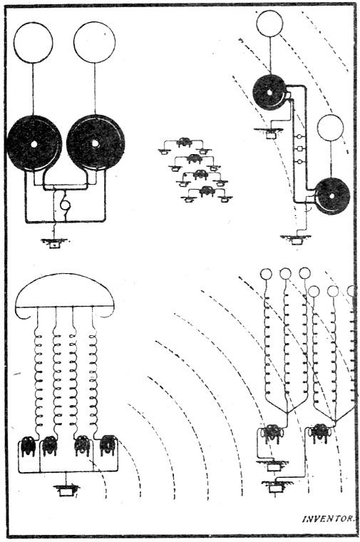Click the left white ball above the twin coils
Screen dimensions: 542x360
coord(33,42)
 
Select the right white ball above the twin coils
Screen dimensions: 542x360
coord(94,41)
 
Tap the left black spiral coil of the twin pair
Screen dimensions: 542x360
coord(34,143)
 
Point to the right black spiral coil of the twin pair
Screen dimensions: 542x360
coord(96,143)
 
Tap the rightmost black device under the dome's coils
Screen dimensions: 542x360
coord(108,446)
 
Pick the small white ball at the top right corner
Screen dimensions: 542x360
coord(269,23)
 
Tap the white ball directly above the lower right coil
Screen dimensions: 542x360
coord(330,128)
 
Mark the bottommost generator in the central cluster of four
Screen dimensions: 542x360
coord(207,190)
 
